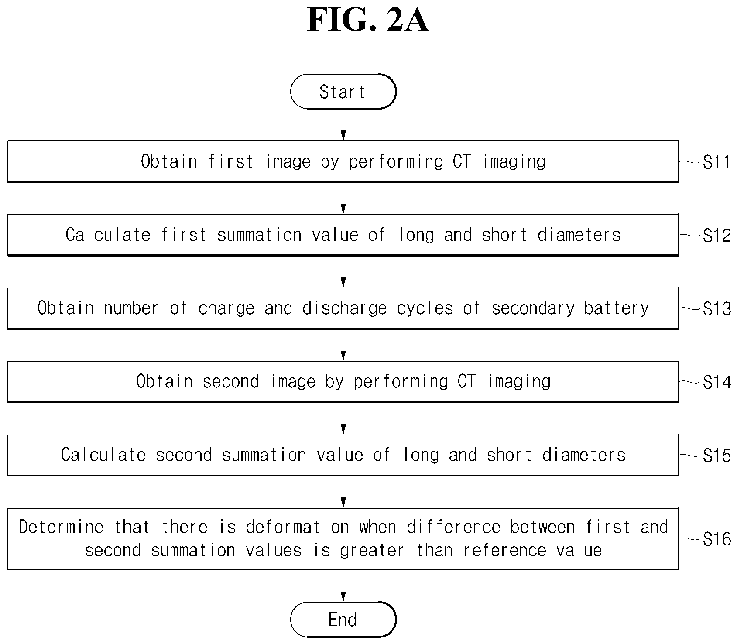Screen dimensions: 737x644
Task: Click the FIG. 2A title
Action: (x=368, y=20)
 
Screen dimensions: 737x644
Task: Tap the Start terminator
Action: (x=343, y=92)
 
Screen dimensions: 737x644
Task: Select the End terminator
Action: (x=343, y=620)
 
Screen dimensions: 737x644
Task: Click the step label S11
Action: (x=716, y=162)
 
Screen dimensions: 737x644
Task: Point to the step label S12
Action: (x=716, y=236)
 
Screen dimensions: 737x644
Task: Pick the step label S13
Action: (x=716, y=309)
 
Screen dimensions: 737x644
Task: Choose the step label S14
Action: (x=716, y=382)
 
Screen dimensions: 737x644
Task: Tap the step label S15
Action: (x=716, y=456)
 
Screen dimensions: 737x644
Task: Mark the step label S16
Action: (x=716, y=539)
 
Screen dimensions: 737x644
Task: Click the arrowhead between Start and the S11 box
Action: (x=343, y=135)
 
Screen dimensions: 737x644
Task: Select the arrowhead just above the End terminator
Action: (x=343, y=596)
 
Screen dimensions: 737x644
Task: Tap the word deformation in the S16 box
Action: (x=298, y=527)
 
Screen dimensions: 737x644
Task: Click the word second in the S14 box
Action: (x=231, y=382)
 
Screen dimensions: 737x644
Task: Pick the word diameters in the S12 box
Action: (x=579, y=235)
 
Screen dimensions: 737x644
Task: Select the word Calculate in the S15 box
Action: (x=103, y=455)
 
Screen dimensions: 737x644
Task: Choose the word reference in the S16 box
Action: (x=505, y=551)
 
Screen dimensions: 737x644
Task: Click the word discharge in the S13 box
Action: (x=345, y=308)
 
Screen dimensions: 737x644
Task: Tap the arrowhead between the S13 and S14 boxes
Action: (x=343, y=355)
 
